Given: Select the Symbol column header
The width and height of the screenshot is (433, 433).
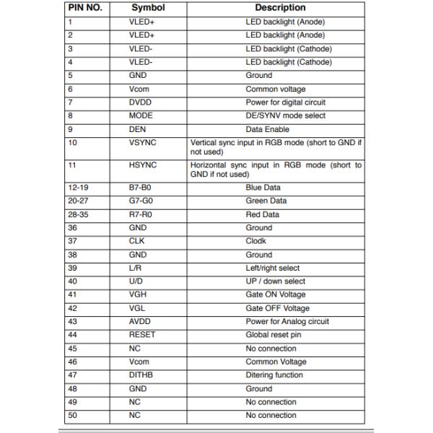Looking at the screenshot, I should pyautogui.click(x=148, y=8).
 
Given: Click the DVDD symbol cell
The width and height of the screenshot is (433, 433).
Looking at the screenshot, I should pyautogui.click(x=141, y=102).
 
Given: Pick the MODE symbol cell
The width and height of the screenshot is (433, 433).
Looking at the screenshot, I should pyautogui.click(x=141, y=115).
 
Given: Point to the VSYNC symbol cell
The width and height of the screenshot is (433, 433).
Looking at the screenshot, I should pyautogui.click(x=143, y=143).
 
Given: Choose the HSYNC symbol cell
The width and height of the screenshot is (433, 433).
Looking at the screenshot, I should pyautogui.click(x=143, y=165).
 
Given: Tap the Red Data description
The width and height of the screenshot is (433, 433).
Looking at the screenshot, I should pyautogui.click(x=263, y=214).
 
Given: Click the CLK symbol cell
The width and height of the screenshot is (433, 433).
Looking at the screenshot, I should pyautogui.click(x=137, y=241).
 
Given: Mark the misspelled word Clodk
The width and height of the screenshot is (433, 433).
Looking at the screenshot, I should pyautogui.click(x=256, y=241).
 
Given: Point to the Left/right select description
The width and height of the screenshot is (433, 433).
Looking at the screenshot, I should pyautogui.click(x=273, y=268).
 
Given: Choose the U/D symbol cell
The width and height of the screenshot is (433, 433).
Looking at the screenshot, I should pyautogui.click(x=136, y=281).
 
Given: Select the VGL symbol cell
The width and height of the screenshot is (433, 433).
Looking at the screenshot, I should pyautogui.click(x=138, y=308).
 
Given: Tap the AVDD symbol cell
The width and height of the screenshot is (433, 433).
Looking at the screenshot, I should pyautogui.click(x=141, y=321).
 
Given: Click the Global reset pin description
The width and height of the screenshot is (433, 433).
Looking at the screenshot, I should pyautogui.click(x=274, y=335).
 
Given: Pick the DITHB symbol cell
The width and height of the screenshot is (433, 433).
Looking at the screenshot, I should pyautogui.click(x=142, y=375).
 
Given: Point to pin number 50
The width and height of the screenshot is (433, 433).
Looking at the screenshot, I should pyautogui.click(x=72, y=416).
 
